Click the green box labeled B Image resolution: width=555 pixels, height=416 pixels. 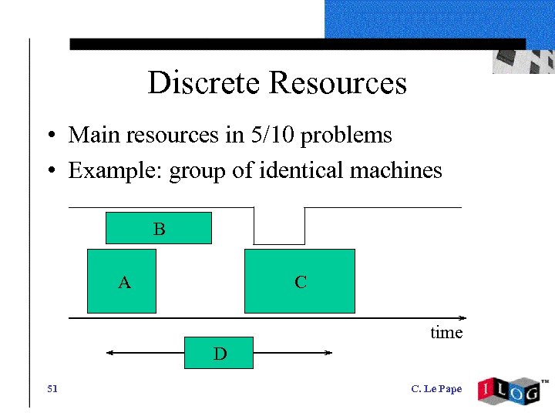click(158, 229)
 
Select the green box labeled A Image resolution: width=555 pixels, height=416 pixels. click(122, 281)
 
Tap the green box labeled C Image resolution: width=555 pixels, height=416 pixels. click(300, 281)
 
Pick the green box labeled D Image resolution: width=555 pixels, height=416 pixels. click(219, 353)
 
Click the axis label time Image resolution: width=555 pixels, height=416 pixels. click(446, 333)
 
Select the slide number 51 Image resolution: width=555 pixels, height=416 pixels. click(52, 389)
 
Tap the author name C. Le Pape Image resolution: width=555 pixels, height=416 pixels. click(436, 389)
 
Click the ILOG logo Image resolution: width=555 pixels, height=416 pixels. click(510, 389)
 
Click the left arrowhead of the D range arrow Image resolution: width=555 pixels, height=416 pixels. click(109, 353)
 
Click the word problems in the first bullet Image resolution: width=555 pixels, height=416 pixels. click(346, 136)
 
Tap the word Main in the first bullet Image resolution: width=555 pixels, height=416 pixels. click(89, 136)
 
